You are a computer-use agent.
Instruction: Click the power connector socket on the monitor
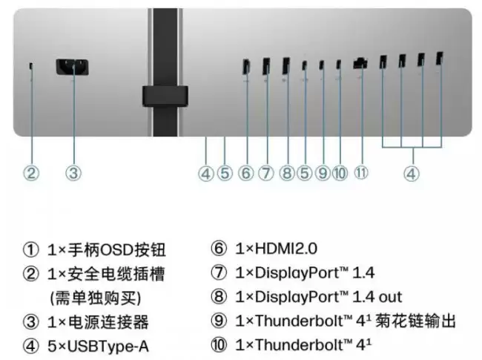point(72,68)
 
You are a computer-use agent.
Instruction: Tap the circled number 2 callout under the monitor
point(30,174)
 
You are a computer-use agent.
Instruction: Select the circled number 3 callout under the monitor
point(72,174)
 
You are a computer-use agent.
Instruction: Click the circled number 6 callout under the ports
point(247,174)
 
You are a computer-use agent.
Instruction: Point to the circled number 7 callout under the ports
point(266,174)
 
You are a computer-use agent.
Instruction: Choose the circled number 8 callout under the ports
point(286,174)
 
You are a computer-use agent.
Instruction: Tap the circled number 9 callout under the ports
point(322,174)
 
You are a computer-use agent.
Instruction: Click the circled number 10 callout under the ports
point(340,174)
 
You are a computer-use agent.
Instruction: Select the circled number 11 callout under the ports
point(361,173)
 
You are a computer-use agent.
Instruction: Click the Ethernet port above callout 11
point(361,64)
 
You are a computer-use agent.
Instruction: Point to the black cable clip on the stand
point(164,95)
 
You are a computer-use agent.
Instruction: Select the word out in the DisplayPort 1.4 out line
point(390,297)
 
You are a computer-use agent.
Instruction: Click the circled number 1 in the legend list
point(30,249)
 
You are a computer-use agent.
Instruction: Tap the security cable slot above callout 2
point(31,67)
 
